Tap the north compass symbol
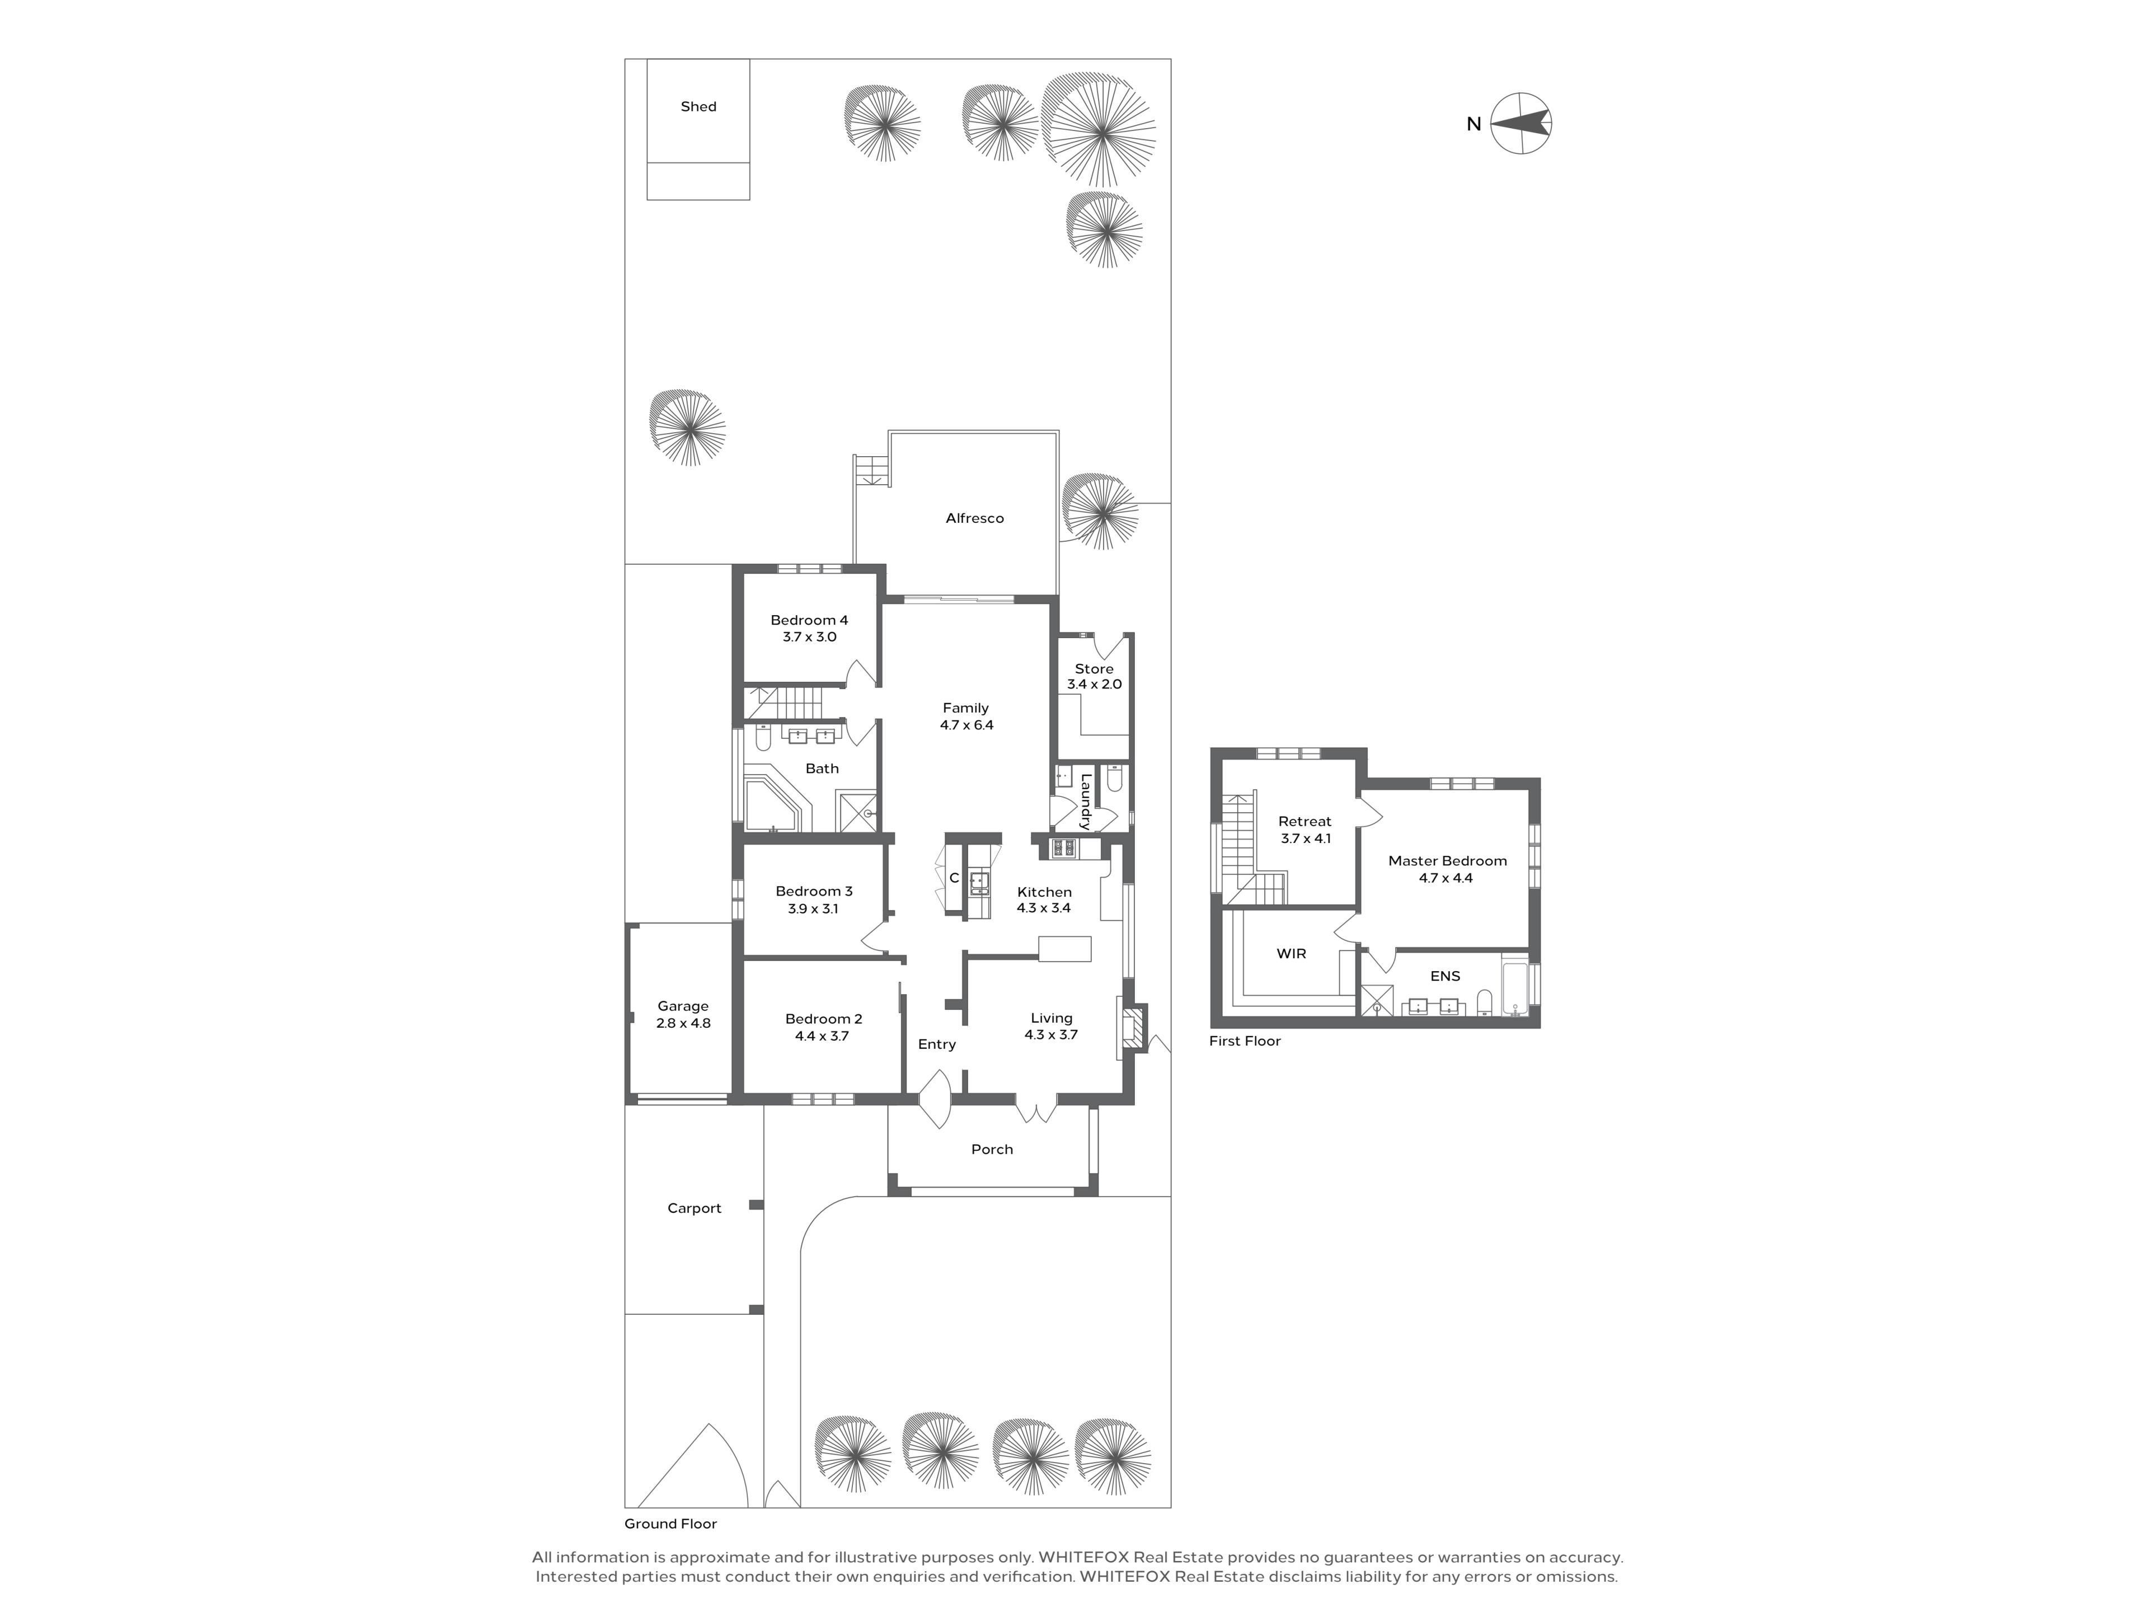[x=1521, y=123]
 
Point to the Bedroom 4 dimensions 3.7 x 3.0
[x=809, y=638]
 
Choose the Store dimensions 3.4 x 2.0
[x=1094, y=684]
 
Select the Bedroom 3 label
[x=814, y=891]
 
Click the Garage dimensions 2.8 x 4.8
[x=683, y=1023]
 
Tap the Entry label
[x=936, y=1044]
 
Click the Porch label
[x=992, y=1150]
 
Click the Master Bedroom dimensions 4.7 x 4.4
[x=1446, y=878]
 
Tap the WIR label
[x=1291, y=954]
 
